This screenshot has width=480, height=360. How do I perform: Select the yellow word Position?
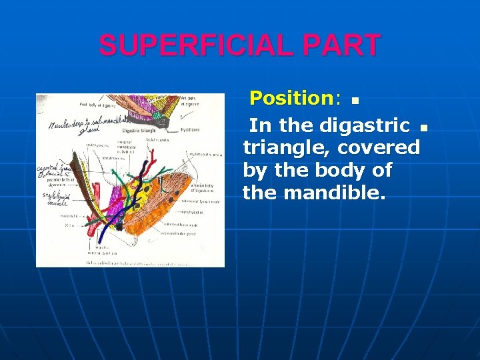pyautogui.click(x=291, y=99)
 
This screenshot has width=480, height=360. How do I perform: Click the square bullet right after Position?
pyautogui.click(x=355, y=101)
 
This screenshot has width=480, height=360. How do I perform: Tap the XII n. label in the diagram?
pyautogui.click(x=67, y=225)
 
